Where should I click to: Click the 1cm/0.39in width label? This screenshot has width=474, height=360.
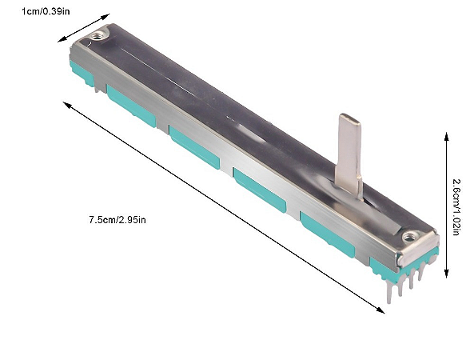point(46,11)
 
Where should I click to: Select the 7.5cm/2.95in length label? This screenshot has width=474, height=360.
point(118,220)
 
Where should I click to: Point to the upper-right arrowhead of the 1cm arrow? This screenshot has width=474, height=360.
point(106,16)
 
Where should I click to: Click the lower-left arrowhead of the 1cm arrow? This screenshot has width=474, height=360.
point(61,39)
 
